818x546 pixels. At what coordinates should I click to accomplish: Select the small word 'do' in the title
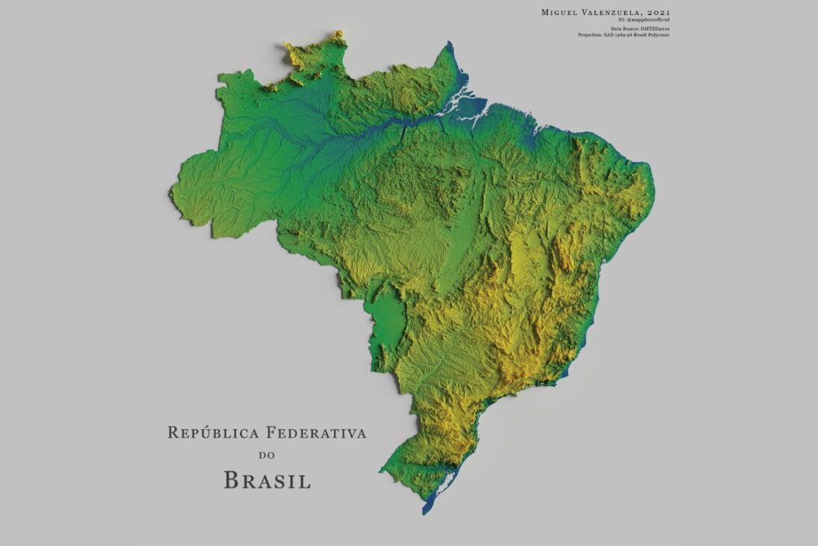pyautogui.click(x=267, y=454)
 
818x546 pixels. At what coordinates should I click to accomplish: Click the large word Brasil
pyautogui.click(x=267, y=479)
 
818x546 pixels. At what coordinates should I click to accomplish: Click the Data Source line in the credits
pyautogui.click(x=639, y=28)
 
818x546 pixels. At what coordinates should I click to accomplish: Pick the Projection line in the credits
pyautogui.click(x=623, y=34)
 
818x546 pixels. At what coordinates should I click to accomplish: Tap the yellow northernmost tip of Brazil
pyautogui.click(x=338, y=34)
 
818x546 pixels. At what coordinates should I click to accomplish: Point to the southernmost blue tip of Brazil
pyautogui.click(x=426, y=511)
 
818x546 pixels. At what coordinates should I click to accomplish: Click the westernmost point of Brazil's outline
pyautogui.click(x=173, y=193)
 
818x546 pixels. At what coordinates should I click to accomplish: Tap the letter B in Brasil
pyautogui.click(x=232, y=479)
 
